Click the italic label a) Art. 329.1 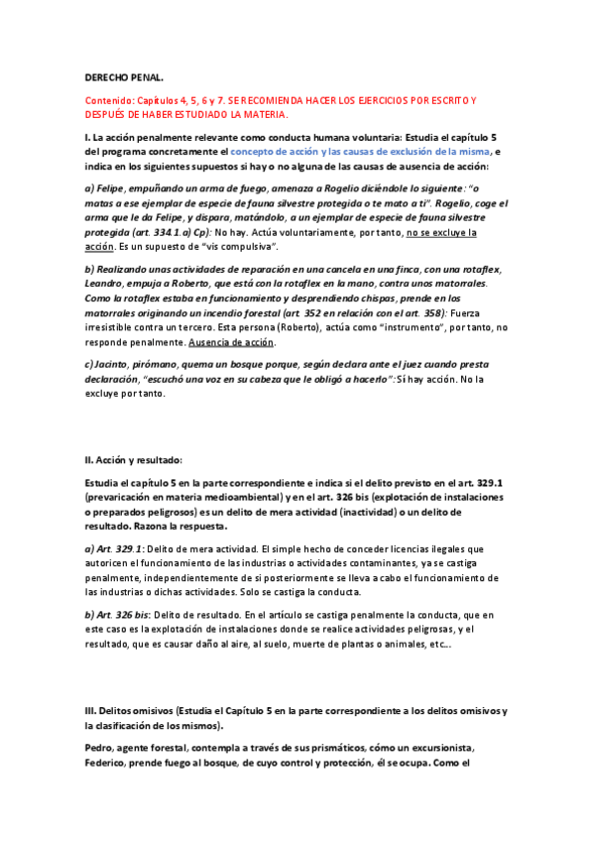pos(115,548)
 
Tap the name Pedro pos(100,748)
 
